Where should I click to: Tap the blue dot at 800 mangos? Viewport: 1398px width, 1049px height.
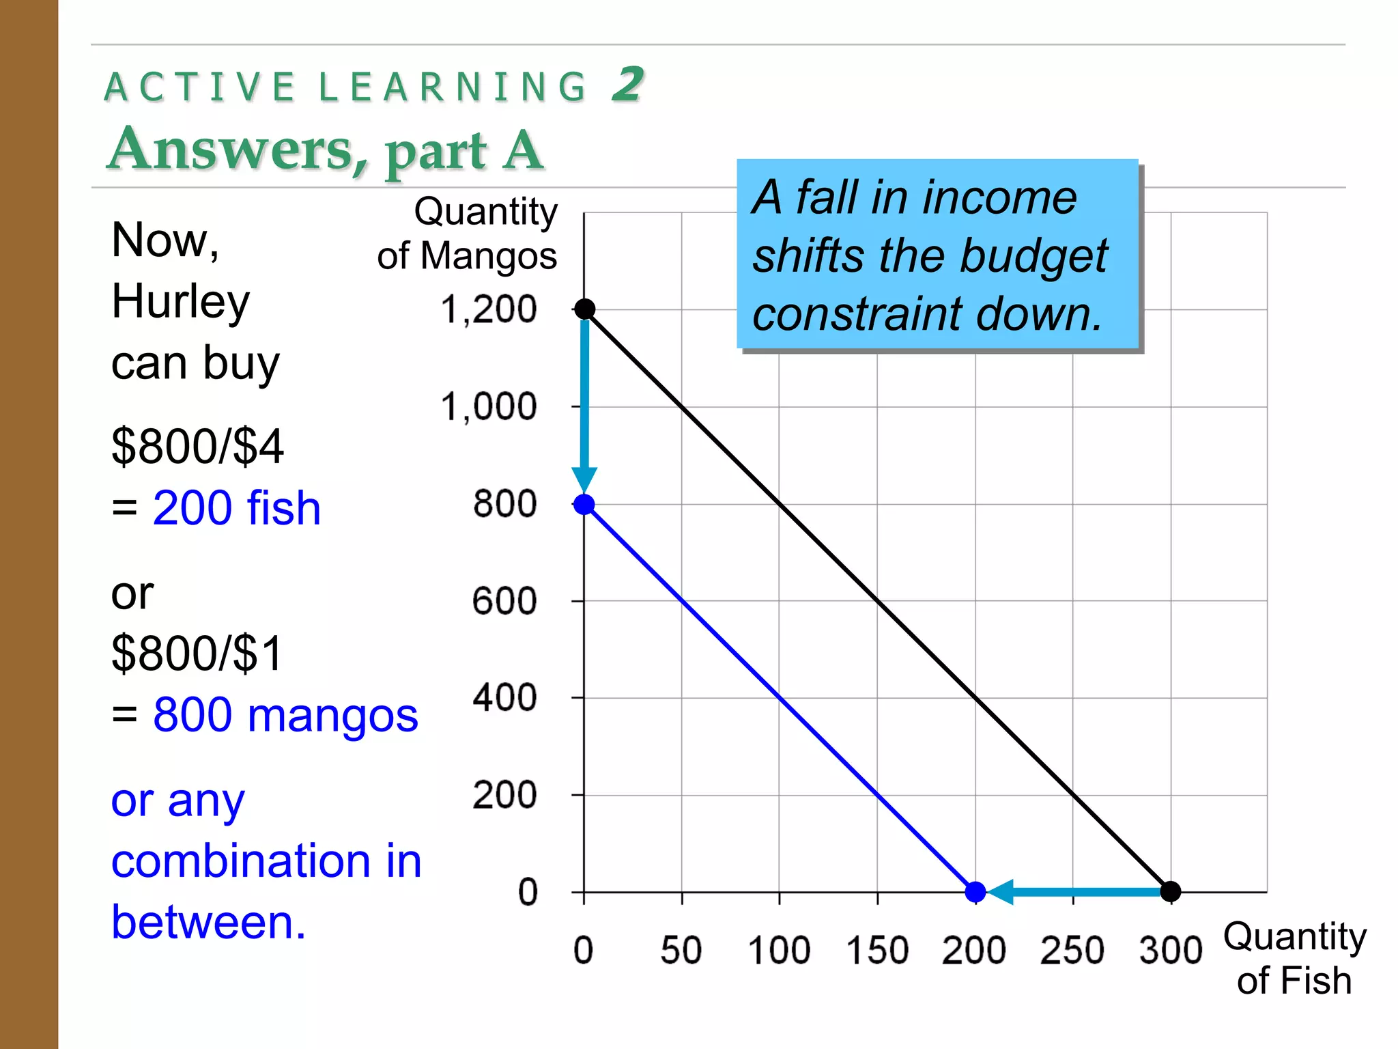click(584, 505)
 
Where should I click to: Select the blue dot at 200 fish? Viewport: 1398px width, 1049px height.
click(975, 891)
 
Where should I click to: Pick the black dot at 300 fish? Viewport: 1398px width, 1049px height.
click(1171, 891)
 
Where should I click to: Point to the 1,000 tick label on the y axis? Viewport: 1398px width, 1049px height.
click(489, 407)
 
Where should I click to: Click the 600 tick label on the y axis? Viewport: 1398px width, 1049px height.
click(504, 602)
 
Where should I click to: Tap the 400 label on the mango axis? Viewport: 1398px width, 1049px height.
click(504, 699)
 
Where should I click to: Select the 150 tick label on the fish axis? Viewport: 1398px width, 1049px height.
click(877, 951)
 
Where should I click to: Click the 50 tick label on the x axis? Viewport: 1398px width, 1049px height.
click(681, 951)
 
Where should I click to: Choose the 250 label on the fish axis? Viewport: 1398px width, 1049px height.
click(1072, 951)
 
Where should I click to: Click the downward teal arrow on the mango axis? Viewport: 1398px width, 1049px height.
click(584, 410)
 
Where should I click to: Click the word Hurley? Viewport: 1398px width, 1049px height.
click(181, 302)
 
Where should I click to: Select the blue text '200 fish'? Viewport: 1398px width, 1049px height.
click(236, 509)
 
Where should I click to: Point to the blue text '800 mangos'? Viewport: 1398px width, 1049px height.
click(285, 716)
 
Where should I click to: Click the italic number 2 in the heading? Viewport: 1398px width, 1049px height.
click(627, 85)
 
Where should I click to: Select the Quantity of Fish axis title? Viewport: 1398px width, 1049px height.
click(1294, 958)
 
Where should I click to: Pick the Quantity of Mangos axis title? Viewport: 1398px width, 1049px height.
click(468, 234)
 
